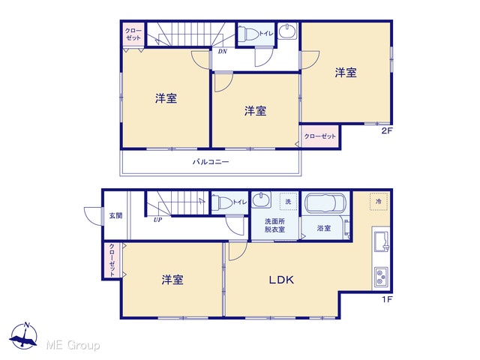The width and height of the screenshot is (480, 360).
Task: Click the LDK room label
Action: point(281,280)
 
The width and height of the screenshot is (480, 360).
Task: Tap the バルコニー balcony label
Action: point(211,162)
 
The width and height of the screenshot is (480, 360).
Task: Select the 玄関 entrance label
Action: point(115,215)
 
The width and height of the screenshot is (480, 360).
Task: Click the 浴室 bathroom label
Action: point(324,228)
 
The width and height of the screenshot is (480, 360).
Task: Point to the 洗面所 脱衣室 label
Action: point(274,225)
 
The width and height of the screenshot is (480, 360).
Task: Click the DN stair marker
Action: point(223,52)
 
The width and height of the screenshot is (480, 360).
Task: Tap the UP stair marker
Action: point(157,220)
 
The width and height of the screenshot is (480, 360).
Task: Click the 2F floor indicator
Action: point(387,130)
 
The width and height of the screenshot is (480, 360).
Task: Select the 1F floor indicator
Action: point(387,299)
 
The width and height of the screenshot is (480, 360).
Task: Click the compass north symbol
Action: point(24,336)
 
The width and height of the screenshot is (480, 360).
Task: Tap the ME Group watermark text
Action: point(73,345)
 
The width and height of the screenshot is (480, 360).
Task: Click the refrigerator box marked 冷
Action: point(379,202)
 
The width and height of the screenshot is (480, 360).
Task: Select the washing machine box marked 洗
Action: point(288,202)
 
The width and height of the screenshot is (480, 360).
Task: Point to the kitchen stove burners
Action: point(381,277)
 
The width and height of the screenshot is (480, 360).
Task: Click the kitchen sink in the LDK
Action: point(382,241)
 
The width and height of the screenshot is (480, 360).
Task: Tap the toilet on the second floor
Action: point(248,33)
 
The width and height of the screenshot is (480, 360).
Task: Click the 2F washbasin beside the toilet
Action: point(287,31)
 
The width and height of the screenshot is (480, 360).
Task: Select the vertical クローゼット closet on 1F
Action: point(112,260)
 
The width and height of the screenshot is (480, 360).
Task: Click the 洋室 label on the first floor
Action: point(172,280)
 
